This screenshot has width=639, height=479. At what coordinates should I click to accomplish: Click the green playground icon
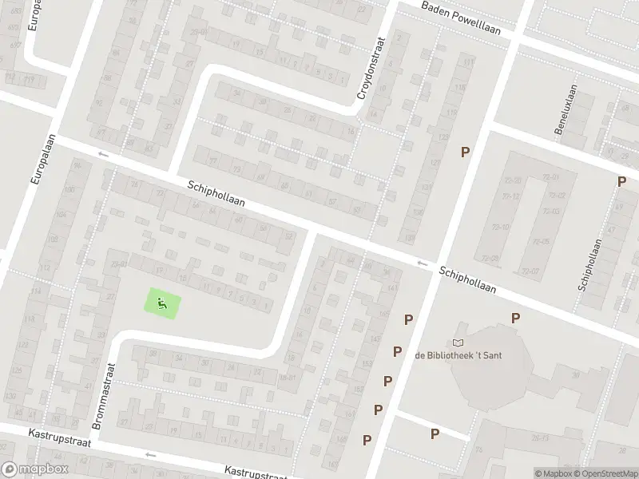pyautogui.click(x=162, y=303)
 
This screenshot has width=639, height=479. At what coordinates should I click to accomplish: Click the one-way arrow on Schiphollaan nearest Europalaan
pyautogui.click(x=102, y=153)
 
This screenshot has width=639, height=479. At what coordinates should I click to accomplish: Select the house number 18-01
pyautogui.click(x=288, y=378)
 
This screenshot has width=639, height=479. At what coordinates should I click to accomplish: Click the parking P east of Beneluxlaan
pyautogui.click(x=621, y=182)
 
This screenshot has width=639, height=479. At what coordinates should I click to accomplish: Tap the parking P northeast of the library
pyautogui.click(x=516, y=318)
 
